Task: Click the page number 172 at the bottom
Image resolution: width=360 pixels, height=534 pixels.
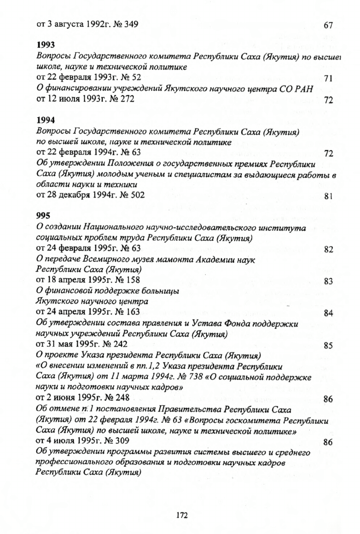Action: click(x=182, y=515)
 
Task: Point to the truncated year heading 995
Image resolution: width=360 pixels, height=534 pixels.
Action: click(x=43, y=216)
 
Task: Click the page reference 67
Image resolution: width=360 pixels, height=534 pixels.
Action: click(x=328, y=24)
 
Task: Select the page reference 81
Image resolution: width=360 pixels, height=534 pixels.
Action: click(x=328, y=197)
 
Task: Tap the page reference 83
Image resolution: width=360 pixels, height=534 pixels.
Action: click(x=328, y=282)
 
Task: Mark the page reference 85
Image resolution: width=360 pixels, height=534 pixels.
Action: click(x=328, y=346)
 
